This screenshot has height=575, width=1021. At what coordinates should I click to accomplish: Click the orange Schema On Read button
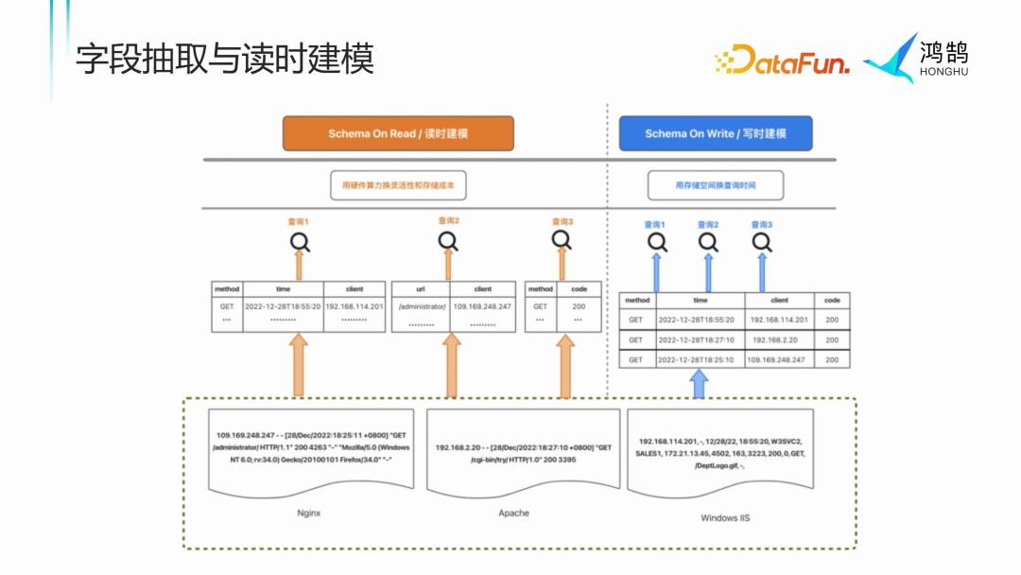point(398,133)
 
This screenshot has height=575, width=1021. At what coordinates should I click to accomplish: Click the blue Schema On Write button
point(716,133)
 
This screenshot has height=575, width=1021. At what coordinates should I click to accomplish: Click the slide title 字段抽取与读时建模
point(225,59)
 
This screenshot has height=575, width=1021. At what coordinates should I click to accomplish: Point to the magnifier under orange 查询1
point(300,242)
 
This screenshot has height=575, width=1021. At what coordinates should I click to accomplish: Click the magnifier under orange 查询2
point(449,241)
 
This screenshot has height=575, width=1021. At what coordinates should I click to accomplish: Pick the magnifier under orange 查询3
point(562,240)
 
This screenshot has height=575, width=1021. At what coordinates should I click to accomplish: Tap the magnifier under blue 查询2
point(708,243)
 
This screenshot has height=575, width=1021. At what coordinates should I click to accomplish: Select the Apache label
point(514,513)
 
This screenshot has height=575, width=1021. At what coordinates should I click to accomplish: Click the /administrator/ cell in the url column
point(421,306)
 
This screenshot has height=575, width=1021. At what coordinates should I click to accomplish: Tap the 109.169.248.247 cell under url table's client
point(483,306)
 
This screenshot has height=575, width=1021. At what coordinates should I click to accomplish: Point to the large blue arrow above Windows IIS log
point(698,383)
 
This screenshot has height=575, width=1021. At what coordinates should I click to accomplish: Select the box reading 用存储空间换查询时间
point(716,185)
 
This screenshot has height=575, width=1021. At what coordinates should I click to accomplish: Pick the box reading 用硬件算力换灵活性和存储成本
point(398,185)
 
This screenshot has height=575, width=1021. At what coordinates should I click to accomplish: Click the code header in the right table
point(832,300)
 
